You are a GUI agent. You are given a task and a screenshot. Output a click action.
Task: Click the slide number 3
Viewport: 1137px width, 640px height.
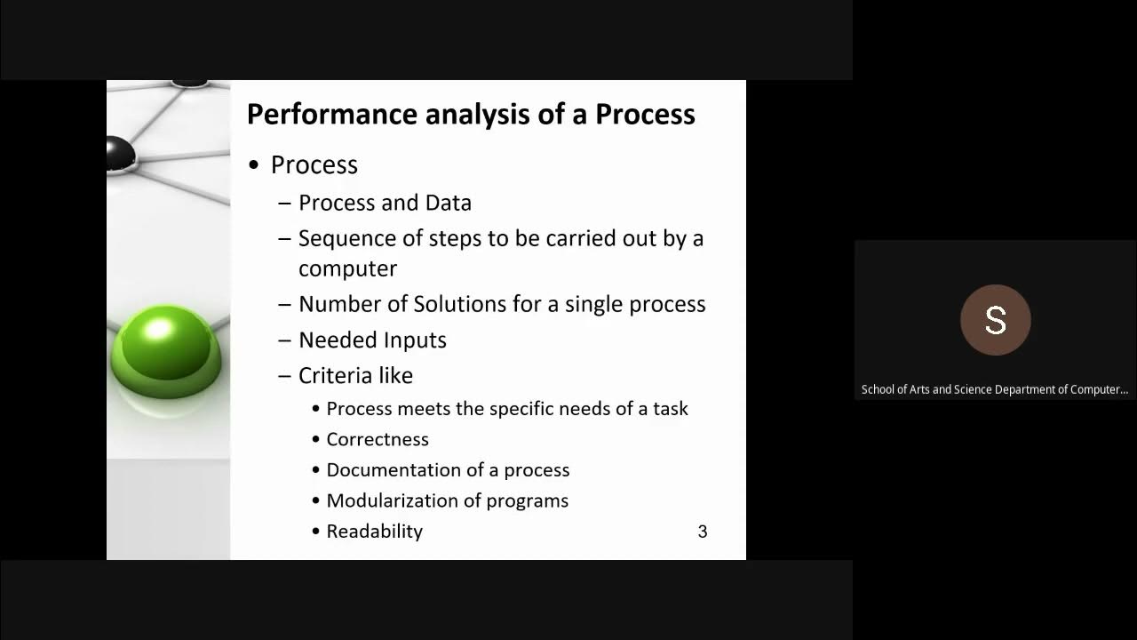tap(702, 532)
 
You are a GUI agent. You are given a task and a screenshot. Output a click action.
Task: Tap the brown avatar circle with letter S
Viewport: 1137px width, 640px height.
tap(995, 320)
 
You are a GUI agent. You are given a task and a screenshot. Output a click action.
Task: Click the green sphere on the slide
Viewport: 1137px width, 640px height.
tap(166, 349)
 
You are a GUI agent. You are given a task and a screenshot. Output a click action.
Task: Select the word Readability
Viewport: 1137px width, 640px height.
tap(374, 532)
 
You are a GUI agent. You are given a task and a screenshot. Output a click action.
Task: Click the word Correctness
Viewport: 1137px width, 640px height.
tap(378, 439)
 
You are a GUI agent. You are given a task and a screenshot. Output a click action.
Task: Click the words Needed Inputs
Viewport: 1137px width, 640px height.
tap(372, 340)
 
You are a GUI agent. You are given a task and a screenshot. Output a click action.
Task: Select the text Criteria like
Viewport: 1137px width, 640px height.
tap(355, 376)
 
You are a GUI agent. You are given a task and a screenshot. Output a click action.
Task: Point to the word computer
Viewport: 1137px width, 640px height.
tap(347, 268)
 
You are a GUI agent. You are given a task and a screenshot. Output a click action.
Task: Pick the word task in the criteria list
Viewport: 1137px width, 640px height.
tap(671, 409)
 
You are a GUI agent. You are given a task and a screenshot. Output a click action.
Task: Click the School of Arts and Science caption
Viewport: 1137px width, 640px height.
tap(994, 389)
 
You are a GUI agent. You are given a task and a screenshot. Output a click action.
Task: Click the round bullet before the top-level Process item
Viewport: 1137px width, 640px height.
tap(254, 166)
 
